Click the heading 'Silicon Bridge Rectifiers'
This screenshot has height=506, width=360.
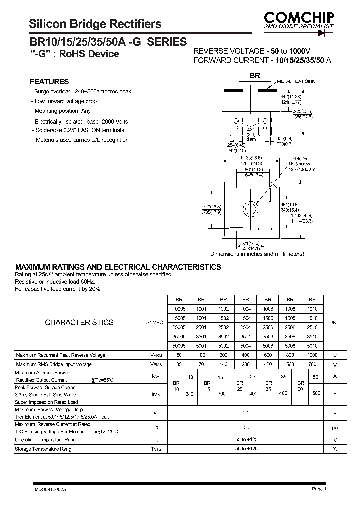(x=95, y=24)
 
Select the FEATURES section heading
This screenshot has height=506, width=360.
(x=49, y=82)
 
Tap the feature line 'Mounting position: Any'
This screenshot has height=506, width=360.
(x=62, y=111)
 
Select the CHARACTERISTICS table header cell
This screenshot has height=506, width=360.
(x=79, y=323)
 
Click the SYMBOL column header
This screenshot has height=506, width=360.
(x=156, y=323)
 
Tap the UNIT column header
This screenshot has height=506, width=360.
(x=335, y=323)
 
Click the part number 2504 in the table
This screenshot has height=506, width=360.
(x=245, y=327)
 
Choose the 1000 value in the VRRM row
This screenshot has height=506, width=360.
(x=312, y=355)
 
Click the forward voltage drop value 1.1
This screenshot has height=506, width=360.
(x=245, y=412)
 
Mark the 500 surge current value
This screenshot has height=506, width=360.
(x=316, y=394)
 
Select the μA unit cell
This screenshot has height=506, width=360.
(x=335, y=428)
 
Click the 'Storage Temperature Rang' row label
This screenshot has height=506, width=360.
(x=43, y=449)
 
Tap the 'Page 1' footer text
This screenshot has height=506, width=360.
(x=319, y=489)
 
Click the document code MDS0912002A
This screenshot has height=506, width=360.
(x=50, y=490)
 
